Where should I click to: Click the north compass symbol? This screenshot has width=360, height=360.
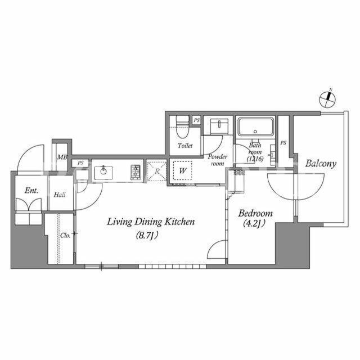coord(327,99)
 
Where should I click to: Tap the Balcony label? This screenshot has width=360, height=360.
coord(321,164)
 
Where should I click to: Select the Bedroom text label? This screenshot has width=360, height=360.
coord(255,213)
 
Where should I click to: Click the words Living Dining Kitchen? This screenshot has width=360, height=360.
coord(151,222)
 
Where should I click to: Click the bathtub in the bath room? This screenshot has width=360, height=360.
coord(256,127)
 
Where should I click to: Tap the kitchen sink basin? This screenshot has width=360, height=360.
coord(103,173)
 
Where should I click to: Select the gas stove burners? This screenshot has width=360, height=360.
coord(136,172)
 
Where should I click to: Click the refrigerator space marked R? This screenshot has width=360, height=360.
coord(157,171)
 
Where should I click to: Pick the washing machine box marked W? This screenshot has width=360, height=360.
coord(182,170)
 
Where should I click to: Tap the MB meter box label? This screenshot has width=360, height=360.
coord(62,157)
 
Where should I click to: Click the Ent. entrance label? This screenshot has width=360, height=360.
coord(31,190)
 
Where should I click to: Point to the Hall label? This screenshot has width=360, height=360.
coord(60,195)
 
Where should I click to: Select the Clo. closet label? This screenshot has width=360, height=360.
coord(65,236)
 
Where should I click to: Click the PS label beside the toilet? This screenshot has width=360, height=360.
coord(196,120)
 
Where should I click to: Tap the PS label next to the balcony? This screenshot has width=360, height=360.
coord(283,143)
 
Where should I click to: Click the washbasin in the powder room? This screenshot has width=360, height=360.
coord(219,126)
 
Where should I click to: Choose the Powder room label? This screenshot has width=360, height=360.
coord(218,160)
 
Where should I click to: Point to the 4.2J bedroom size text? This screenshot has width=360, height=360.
coord(254,223)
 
